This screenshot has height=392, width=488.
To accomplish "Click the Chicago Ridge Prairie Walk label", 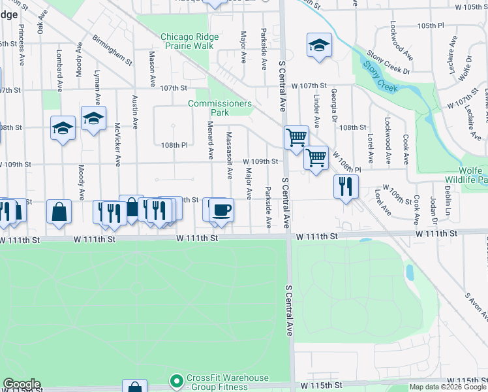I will [187, 41].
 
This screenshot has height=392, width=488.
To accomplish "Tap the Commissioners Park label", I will [219, 108].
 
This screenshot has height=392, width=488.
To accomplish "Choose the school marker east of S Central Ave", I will [319, 46].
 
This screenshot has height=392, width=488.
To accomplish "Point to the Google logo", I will [22, 384].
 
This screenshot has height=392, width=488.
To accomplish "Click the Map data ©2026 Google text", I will [448, 387].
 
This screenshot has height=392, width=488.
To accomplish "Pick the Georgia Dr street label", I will [333, 105].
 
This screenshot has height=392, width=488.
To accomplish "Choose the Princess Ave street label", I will [22, 39].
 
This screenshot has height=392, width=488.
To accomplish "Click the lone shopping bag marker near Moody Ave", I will [59, 212].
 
